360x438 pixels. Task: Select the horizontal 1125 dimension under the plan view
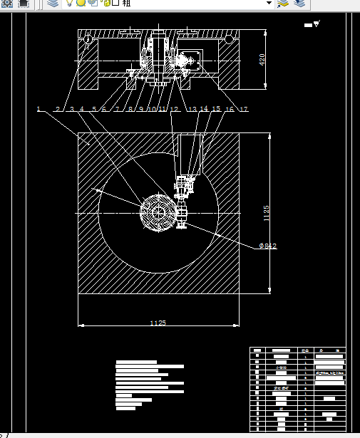158,323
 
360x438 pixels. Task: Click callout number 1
38,109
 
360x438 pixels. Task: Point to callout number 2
58,109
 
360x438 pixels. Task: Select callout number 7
117,109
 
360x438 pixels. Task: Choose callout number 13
192,109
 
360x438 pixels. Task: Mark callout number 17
244,109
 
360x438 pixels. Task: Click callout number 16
230,109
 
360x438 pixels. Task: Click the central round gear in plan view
157,213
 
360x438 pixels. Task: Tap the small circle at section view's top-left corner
87,38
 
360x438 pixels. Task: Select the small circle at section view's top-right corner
228,38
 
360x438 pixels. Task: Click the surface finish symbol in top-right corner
311,25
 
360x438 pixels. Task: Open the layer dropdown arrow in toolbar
269,4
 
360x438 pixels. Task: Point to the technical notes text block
150,385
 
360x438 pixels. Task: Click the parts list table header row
297,350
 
